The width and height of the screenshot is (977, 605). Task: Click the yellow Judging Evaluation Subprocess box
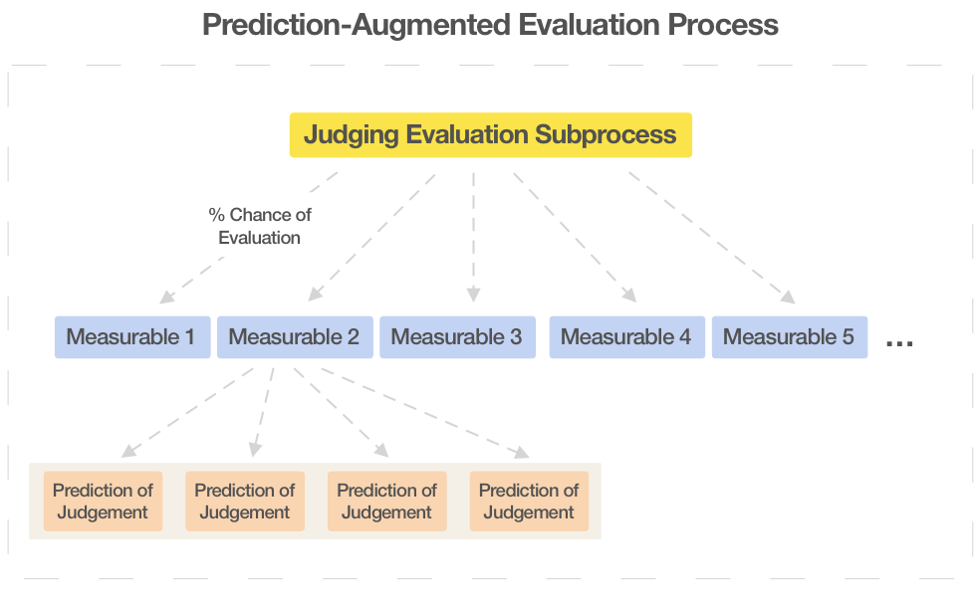[x=490, y=135]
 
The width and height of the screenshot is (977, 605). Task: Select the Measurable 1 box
[x=131, y=337]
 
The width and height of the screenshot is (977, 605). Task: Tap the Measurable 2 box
[x=294, y=337]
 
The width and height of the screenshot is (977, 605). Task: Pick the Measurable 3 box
[x=456, y=337]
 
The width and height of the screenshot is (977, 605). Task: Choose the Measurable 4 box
[x=626, y=337]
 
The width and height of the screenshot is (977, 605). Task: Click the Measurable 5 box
[x=789, y=337]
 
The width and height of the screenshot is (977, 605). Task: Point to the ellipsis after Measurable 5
[x=898, y=342]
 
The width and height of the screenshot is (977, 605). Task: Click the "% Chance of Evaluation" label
[x=259, y=226]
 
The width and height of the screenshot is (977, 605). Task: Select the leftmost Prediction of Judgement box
[x=103, y=502]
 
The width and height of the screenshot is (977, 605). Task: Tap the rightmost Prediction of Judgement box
[x=529, y=502]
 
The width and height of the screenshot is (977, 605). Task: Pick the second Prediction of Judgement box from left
[x=245, y=502]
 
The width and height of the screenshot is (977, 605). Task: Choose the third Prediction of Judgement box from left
[x=386, y=502]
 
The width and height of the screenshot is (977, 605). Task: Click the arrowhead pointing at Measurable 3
[x=474, y=294]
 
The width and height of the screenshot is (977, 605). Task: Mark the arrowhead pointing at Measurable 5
[x=788, y=296]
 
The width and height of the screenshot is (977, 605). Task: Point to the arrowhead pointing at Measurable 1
[x=166, y=296]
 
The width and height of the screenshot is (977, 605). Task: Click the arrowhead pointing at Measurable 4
[x=629, y=295]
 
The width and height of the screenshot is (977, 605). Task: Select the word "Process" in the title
[x=724, y=25]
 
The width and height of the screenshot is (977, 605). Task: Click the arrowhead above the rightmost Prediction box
[x=522, y=454]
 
